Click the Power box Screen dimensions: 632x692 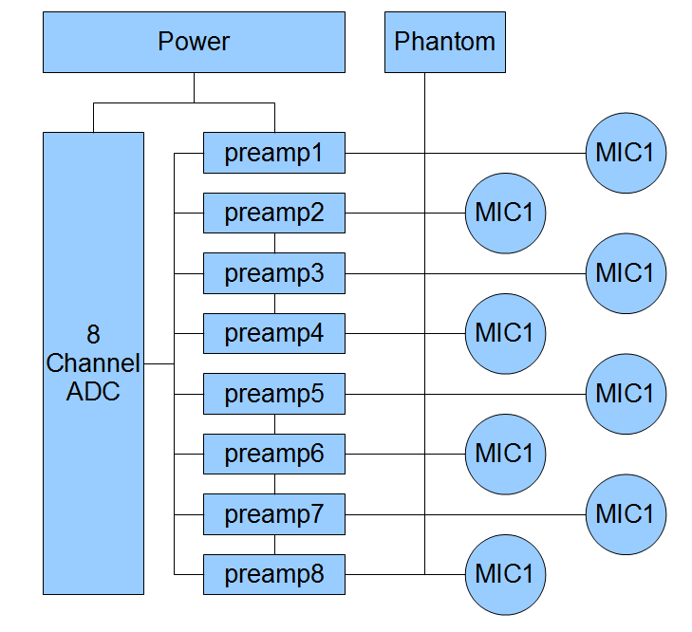pos(194,42)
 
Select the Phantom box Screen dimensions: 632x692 pos(444,42)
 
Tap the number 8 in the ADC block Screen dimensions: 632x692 pos(93,334)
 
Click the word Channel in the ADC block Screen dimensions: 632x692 pos(93,362)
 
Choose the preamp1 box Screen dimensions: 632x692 pos(273,153)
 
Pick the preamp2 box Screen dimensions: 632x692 pos(273,213)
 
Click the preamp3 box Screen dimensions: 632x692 pos(273,273)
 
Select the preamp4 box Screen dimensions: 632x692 pos(273,333)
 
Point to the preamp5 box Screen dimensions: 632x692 pos(273,393)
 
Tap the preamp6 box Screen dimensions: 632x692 pos(273,454)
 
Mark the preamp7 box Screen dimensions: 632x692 pos(273,513)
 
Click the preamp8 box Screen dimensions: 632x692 pos(273,574)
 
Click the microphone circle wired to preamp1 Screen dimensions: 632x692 pos(626,153)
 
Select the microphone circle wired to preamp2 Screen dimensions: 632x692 pos(505,213)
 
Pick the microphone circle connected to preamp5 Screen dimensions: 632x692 pos(626,393)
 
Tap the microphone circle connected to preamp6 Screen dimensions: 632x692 pos(505,454)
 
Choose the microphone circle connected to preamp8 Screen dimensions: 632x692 pos(505,574)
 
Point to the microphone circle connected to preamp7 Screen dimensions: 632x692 pos(626,513)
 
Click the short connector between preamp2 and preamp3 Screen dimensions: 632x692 pos(274,243)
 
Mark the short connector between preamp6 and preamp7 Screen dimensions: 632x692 pos(274,484)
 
